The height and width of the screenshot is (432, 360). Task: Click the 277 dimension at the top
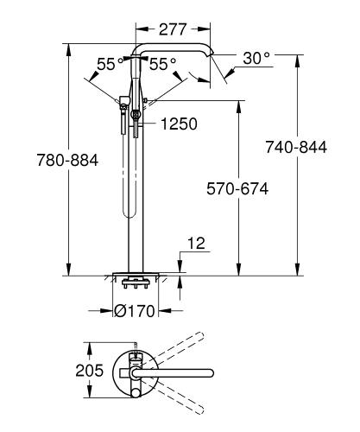point(173,29)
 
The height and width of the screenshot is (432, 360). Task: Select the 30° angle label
point(256,58)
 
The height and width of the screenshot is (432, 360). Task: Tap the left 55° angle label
point(108,64)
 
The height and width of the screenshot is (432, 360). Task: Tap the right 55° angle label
point(163,64)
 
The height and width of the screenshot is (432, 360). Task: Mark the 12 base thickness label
point(197,244)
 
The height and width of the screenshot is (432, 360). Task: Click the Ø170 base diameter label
point(135,311)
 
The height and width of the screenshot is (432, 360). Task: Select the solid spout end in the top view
point(208,372)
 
